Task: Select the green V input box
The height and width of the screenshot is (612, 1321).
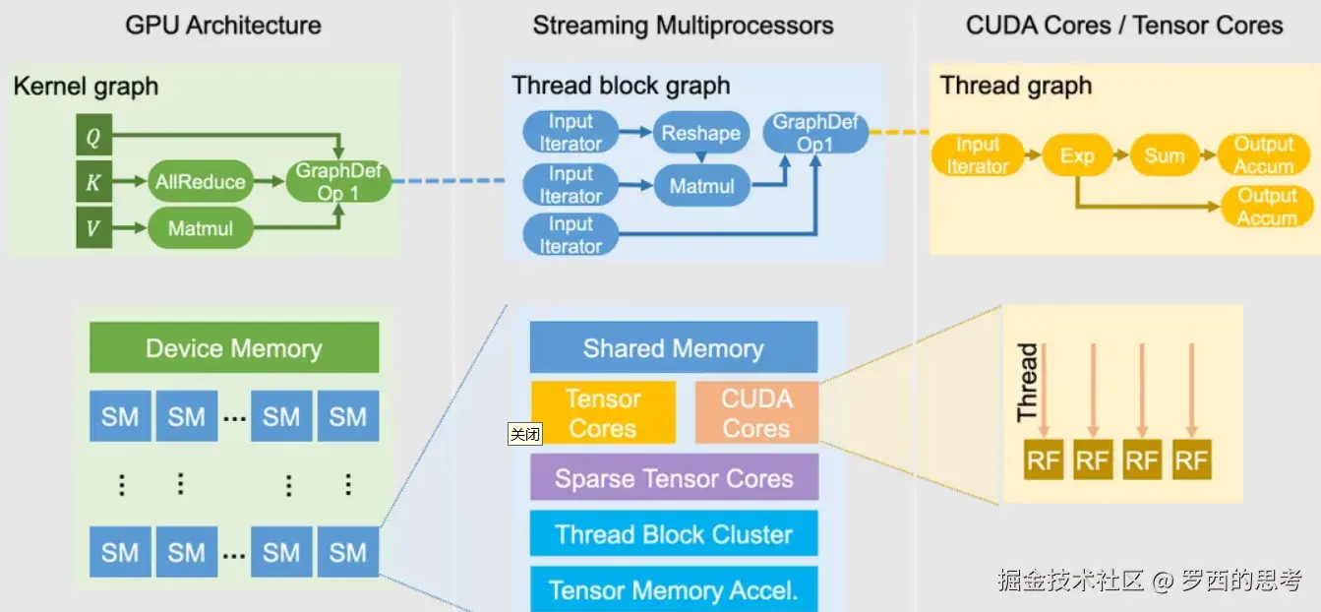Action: tap(93, 228)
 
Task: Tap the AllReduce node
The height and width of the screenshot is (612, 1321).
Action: tap(200, 182)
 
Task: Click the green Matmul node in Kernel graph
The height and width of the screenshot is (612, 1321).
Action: tap(200, 228)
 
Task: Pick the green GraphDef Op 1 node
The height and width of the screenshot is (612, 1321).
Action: tap(337, 182)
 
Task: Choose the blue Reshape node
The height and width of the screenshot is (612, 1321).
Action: tap(700, 133)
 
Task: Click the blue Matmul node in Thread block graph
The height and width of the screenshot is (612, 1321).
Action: tap(700, 185)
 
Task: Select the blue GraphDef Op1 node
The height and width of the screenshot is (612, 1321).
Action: tap(815, 133)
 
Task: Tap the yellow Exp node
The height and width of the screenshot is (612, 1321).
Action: tap(1076, 155)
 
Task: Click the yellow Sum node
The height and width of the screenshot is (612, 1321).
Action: tap(1164, 155)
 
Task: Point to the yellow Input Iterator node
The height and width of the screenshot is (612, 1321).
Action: tap(977, 155)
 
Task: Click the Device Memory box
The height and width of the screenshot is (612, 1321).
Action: tap(234, 348)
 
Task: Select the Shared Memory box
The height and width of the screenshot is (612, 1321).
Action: tap(673, 348)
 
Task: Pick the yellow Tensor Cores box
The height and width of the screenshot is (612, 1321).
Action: tap(603, 413)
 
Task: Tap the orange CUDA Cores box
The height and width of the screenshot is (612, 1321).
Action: tap(756, 413)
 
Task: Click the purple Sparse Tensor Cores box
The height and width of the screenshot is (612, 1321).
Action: tap(673, 478)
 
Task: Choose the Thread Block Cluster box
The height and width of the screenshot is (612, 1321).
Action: tap(673, 534)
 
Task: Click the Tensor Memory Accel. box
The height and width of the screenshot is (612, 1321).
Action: tap(673, 589)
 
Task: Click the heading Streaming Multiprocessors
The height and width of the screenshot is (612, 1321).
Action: tap(683, 26)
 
